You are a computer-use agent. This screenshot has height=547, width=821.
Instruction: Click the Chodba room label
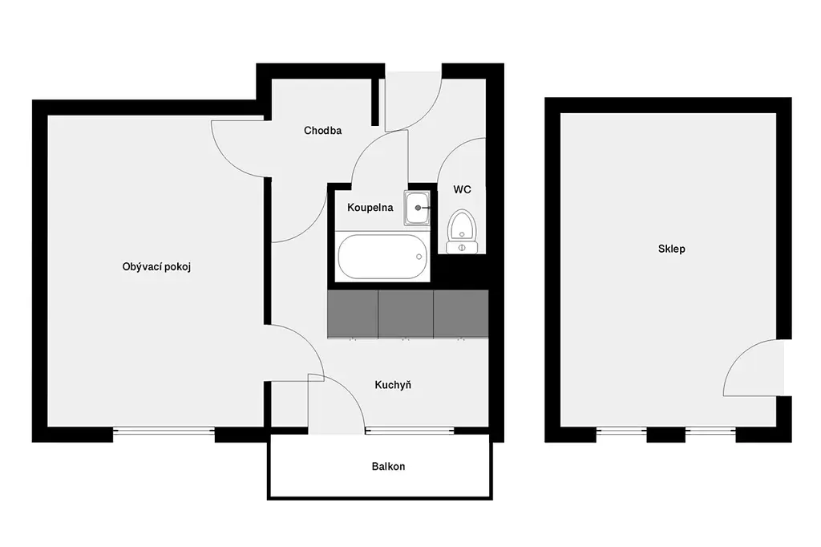(x=322, y=131)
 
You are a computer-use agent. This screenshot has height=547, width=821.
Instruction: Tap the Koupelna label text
(x=370, y=208)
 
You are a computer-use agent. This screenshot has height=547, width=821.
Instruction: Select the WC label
(x=462, y=189)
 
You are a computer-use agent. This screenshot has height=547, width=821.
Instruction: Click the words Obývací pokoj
(x=156, y=267)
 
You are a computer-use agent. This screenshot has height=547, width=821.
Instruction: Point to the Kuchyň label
(x=393, y=384)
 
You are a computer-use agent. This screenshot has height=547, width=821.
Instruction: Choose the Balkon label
(x=388, y=466)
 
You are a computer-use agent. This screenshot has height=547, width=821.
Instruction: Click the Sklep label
(x=671, y=249)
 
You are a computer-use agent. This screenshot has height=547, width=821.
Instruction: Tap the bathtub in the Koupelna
(x=382, y=257)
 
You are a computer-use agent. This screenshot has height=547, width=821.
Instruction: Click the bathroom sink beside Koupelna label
(x=417, y=208)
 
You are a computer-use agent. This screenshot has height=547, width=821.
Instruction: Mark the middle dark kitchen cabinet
(x=405, y=314)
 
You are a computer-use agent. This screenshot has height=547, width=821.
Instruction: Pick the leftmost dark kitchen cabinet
(x=353, y=314)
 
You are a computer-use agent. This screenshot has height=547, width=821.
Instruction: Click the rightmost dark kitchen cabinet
(x=461, y=314)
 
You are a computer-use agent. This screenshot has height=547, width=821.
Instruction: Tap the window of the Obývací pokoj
(x=164, y=432)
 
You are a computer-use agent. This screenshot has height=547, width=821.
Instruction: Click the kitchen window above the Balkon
(x=410, y=432)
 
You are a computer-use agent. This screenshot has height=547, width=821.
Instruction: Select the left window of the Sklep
(x=621, y=432)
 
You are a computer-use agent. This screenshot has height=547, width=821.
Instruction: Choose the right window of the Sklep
(x=710, y=432)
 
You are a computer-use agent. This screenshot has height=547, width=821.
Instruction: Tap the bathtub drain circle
(x=419, y=257)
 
